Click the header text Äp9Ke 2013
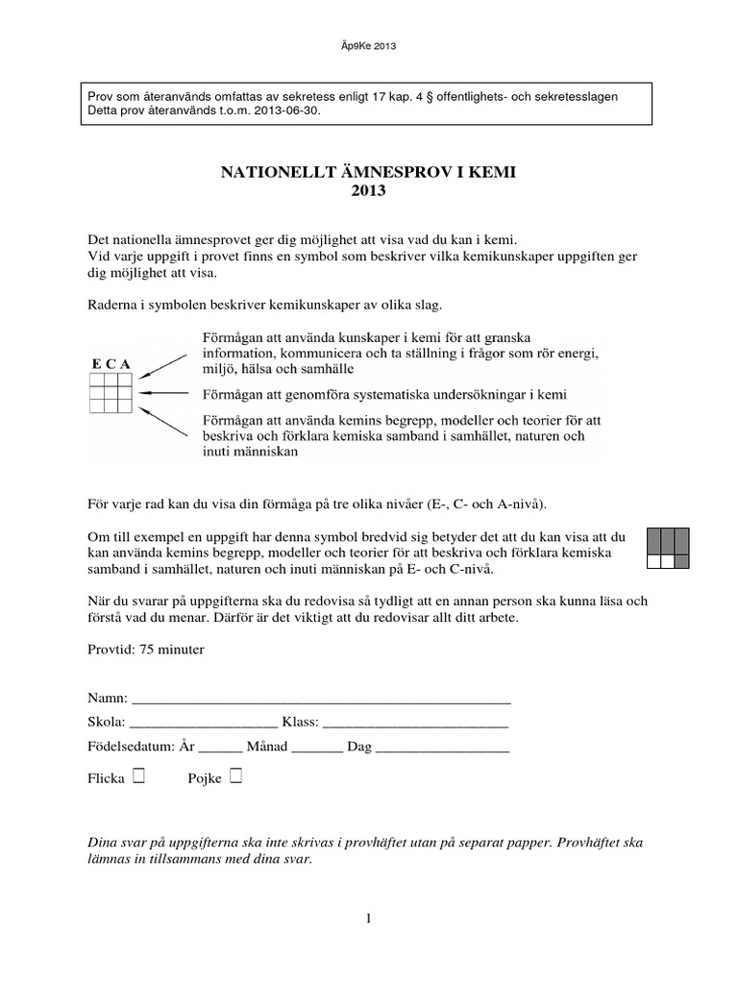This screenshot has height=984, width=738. point(369,45)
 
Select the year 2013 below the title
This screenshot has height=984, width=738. point(369,191)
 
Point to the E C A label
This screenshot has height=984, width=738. point(111,363)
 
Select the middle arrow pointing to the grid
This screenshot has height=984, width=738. point(167,393)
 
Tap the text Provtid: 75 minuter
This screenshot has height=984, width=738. point(144,649)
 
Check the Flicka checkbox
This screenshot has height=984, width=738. point(139,775)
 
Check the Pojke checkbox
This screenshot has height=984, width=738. point(235,775)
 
